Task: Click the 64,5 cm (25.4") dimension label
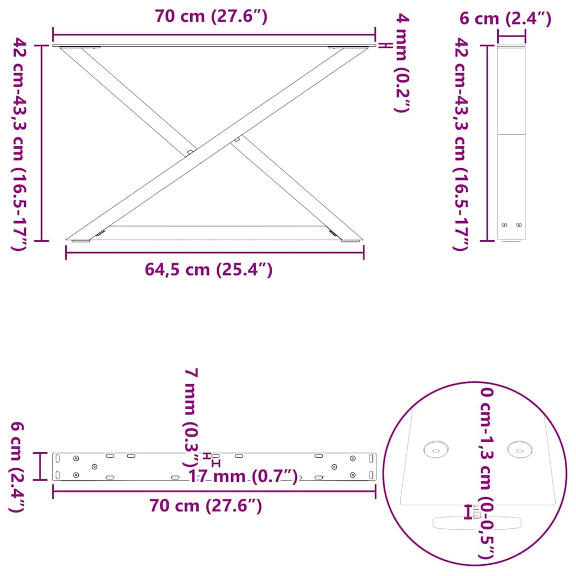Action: point(209,270)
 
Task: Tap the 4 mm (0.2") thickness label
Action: point(400,64)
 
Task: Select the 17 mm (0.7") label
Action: point(242,477)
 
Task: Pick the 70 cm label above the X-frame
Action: point(211,17)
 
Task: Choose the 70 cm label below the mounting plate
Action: point(206,506)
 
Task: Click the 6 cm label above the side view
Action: point(505,19)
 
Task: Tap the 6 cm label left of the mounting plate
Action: point(17,467)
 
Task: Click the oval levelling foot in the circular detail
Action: point(477,523)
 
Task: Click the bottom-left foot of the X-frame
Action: point(80,241)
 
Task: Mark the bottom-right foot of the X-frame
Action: point(350,241)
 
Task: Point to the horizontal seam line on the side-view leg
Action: point(511,134)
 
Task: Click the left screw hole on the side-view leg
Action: point(505,225)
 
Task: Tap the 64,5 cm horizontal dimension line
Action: point(214,252)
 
